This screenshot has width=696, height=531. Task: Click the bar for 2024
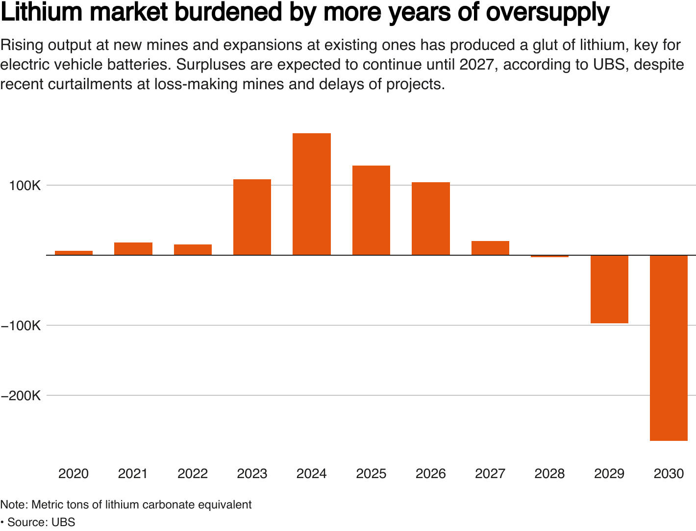pos(311,194)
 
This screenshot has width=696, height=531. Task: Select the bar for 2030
pos(669,348)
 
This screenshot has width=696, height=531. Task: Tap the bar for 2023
pos(252,217)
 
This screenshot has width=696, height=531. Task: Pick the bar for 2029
pos(609,289)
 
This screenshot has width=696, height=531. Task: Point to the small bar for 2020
pos(74,253)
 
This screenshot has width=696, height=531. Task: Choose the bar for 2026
pos(430,218)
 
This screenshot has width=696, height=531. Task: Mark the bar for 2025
pos(371,210)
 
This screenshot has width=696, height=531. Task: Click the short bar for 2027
pos(490,248)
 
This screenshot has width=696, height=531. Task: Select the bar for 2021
pos(133,249)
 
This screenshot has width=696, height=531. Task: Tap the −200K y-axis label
pos(21,396)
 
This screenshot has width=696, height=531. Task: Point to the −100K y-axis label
pos(21,326)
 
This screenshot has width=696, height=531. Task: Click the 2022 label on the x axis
pos(193,474)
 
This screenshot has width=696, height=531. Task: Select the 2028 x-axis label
pos(549,474)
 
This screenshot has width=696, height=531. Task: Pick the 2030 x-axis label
pos(669,474)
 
